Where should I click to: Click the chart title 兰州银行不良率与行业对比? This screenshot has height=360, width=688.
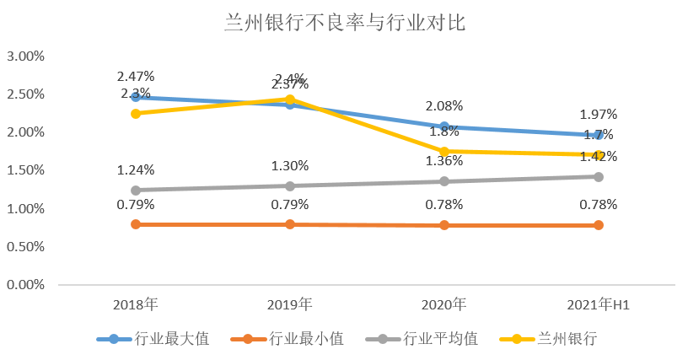click(x=345, y=23)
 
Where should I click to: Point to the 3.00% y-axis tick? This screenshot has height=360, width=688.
click(x=25, y=56)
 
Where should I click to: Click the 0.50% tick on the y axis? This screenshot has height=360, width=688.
click(x=25, y=247)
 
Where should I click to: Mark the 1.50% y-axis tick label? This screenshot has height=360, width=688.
click(x=25, y=170)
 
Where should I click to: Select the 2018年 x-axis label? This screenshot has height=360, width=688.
click(x=135, y=304)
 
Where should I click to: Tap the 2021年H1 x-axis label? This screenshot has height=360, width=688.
click(x=599, y=304)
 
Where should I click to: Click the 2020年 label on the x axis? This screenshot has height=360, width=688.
click(x=444, y=304)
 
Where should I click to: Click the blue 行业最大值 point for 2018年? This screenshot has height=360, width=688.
click(x=135, y=98)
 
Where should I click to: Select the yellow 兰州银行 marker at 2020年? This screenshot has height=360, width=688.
click(x=444, y=152)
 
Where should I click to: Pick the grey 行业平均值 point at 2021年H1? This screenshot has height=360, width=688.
click(x=599, y=177)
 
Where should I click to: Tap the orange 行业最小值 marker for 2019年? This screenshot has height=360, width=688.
click(x=290, y=224)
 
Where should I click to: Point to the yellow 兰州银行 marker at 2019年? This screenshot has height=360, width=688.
click(x=290, y=99)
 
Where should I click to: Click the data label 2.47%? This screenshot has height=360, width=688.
click(x=135, y=77)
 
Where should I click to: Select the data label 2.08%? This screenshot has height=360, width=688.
click(x=444, y=106)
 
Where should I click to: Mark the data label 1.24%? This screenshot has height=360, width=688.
click(x=135, y=169)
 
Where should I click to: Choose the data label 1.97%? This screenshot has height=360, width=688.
click(x=599, y=114)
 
